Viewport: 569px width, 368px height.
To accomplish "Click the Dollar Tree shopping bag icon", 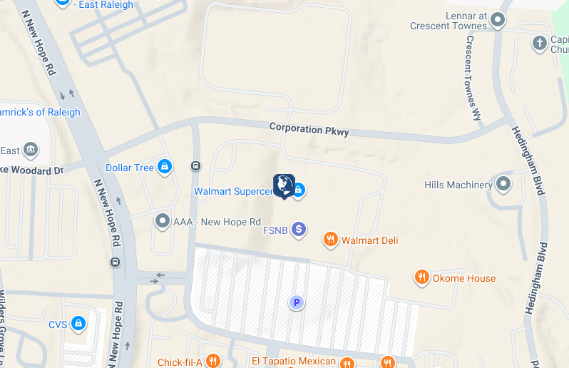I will point(165,168).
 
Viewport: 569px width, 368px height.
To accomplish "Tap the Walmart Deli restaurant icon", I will point(330,240).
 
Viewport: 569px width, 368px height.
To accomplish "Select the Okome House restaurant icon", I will point(421,277).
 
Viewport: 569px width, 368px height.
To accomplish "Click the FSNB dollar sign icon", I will point(299,230).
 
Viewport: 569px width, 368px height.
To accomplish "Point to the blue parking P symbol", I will point(296,303).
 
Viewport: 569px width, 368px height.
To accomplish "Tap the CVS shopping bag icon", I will point(78,324).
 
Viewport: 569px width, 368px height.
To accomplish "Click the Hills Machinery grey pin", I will point(503,185).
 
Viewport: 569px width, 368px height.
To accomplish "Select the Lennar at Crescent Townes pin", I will point(498,21).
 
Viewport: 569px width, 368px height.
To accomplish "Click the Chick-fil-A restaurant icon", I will point(212,361).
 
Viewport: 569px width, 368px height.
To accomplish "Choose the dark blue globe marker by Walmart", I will point(284,185).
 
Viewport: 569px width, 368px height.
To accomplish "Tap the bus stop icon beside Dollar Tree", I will point(195,166).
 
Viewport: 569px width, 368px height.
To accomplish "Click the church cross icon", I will point(540,44).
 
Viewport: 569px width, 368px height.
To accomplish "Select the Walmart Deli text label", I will point(369,240).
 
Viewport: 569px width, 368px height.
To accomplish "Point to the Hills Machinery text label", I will point(458,185).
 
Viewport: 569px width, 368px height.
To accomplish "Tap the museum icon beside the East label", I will point(31,150).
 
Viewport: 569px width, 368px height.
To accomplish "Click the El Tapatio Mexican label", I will point(293,361).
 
